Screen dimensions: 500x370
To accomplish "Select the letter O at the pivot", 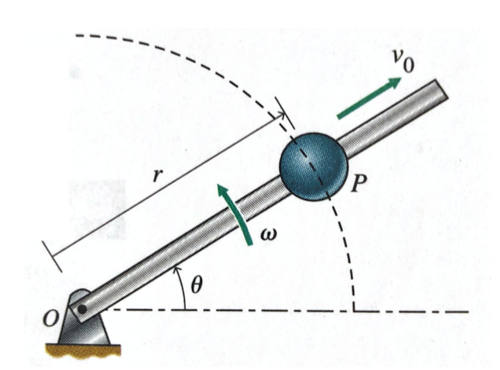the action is (51, 320).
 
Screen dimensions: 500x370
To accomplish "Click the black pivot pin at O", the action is (81, 309).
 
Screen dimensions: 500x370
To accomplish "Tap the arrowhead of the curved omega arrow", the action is (222, 189).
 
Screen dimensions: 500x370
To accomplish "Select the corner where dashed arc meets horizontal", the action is (354, 311).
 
